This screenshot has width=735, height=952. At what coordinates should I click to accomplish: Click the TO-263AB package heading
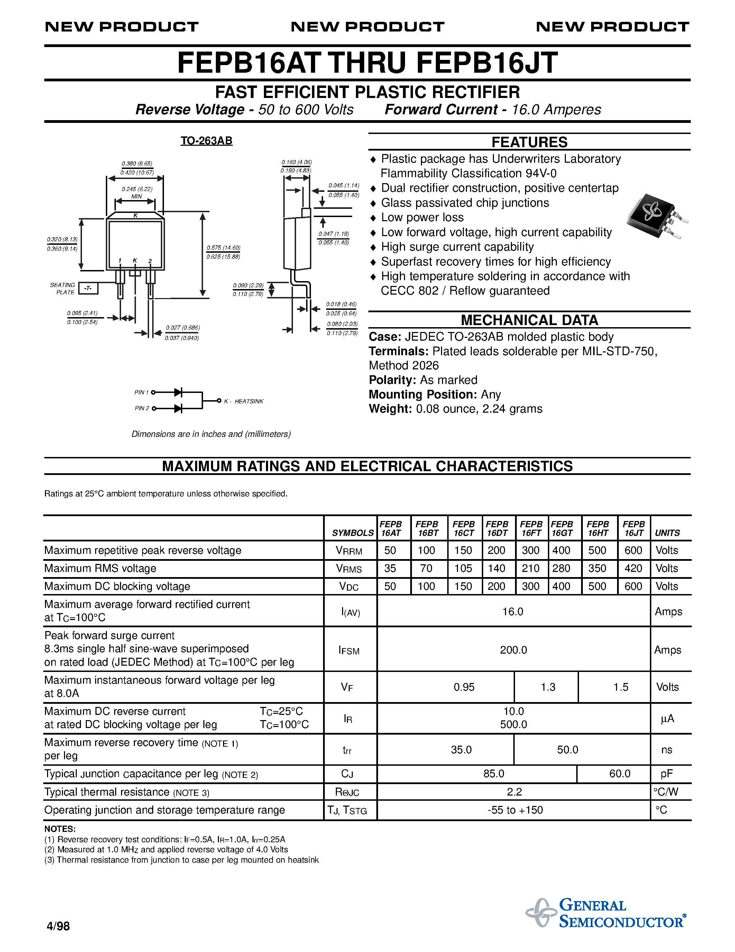pos(206,141)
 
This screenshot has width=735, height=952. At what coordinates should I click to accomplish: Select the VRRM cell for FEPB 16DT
pos(496,550)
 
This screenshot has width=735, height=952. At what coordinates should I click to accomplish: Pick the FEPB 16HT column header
pos(598,528)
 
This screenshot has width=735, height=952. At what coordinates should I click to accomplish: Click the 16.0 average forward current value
pos(513,612)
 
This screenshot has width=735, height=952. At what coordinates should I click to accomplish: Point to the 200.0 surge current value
pos(513,650)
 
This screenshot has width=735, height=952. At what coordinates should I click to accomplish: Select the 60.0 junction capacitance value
pos(619,774)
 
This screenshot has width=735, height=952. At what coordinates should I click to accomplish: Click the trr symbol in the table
pos(347,750)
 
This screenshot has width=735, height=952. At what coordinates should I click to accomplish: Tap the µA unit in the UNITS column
pos(667,718)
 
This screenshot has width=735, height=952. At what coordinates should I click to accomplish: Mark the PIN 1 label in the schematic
pos(141,392)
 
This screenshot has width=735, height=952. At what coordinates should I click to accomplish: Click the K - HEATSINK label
pos(244,401)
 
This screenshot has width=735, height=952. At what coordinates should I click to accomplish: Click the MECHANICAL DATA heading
pos(529,320)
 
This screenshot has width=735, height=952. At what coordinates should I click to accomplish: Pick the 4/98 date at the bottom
pos(58,926)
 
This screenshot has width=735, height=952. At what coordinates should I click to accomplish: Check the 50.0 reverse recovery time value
pos(567,750)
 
